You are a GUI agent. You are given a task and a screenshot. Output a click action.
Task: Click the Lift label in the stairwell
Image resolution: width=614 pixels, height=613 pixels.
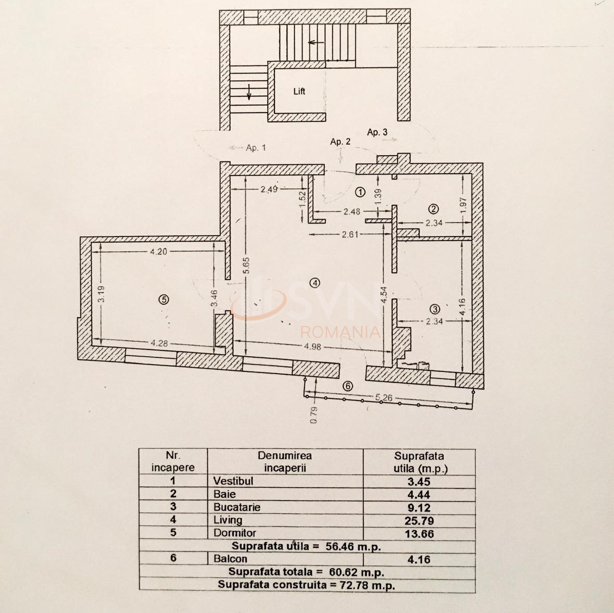299,92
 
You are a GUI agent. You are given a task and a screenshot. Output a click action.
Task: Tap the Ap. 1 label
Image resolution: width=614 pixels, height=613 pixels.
255,148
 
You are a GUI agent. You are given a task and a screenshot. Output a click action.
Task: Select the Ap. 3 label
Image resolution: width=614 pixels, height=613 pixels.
377,132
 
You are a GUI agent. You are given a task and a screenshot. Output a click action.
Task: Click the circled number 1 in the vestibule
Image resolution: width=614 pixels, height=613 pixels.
360,192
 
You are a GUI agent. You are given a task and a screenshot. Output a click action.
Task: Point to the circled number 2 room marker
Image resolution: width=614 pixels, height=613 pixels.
433,209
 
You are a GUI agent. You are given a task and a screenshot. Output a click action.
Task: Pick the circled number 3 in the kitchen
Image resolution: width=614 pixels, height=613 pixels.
435,309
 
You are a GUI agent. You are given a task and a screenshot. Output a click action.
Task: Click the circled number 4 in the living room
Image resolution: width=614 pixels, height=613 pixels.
314,283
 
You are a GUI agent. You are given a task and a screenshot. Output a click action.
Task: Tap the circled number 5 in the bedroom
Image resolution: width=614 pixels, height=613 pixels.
164,299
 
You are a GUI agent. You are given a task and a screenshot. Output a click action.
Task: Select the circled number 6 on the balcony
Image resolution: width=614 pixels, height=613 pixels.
347,386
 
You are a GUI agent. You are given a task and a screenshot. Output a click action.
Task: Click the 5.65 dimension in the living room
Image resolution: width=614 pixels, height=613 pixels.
247,266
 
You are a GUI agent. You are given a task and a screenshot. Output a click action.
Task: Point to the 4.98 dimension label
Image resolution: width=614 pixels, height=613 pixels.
312,346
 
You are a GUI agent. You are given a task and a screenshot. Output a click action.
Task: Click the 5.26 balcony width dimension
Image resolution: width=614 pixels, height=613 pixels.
384,397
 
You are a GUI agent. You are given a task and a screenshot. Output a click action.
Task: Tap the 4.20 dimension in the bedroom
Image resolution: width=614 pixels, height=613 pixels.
158,252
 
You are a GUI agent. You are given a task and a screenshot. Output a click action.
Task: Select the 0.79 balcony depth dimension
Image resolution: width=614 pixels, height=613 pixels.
314,415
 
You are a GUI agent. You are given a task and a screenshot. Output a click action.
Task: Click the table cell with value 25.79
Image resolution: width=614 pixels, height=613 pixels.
419,520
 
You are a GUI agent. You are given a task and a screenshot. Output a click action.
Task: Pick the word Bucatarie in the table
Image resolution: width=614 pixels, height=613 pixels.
236,507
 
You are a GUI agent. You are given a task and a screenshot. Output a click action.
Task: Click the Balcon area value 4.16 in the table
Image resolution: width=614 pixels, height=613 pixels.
419,559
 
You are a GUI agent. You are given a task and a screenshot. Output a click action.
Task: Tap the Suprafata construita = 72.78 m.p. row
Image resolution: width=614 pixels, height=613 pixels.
306,585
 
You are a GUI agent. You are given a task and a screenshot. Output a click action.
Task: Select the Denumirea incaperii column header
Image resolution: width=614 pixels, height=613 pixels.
284,461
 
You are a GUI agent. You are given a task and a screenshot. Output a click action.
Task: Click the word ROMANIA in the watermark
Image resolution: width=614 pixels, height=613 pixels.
341,332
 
